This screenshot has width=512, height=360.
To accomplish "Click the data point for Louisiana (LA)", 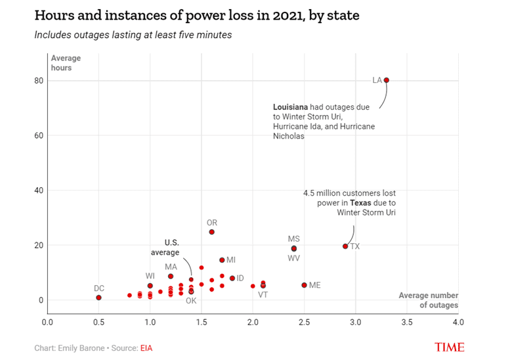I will coord(387,80).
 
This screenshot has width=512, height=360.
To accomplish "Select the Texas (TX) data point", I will coord(345,246).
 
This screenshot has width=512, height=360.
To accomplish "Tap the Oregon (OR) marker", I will coord(212,232).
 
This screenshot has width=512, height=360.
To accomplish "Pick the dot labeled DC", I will coord(98,298).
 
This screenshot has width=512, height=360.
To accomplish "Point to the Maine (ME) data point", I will coord(304,285).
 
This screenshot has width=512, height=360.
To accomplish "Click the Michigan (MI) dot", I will coord(222,260).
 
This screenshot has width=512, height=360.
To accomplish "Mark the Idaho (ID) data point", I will coord(232,279).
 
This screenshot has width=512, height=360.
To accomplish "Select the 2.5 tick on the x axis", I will coord(304,323).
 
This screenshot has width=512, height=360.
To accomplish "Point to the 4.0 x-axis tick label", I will coord(458,323).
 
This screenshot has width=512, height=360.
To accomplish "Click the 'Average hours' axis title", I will coord(62,63).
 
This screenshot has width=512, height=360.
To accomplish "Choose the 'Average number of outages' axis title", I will coord(429,300).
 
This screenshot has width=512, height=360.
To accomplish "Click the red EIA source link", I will coord(146,348).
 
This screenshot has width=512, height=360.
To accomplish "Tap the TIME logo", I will coord(450,348).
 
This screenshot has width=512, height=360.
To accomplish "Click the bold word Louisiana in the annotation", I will coord(290,106).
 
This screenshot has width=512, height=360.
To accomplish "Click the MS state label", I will coord(293,239).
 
